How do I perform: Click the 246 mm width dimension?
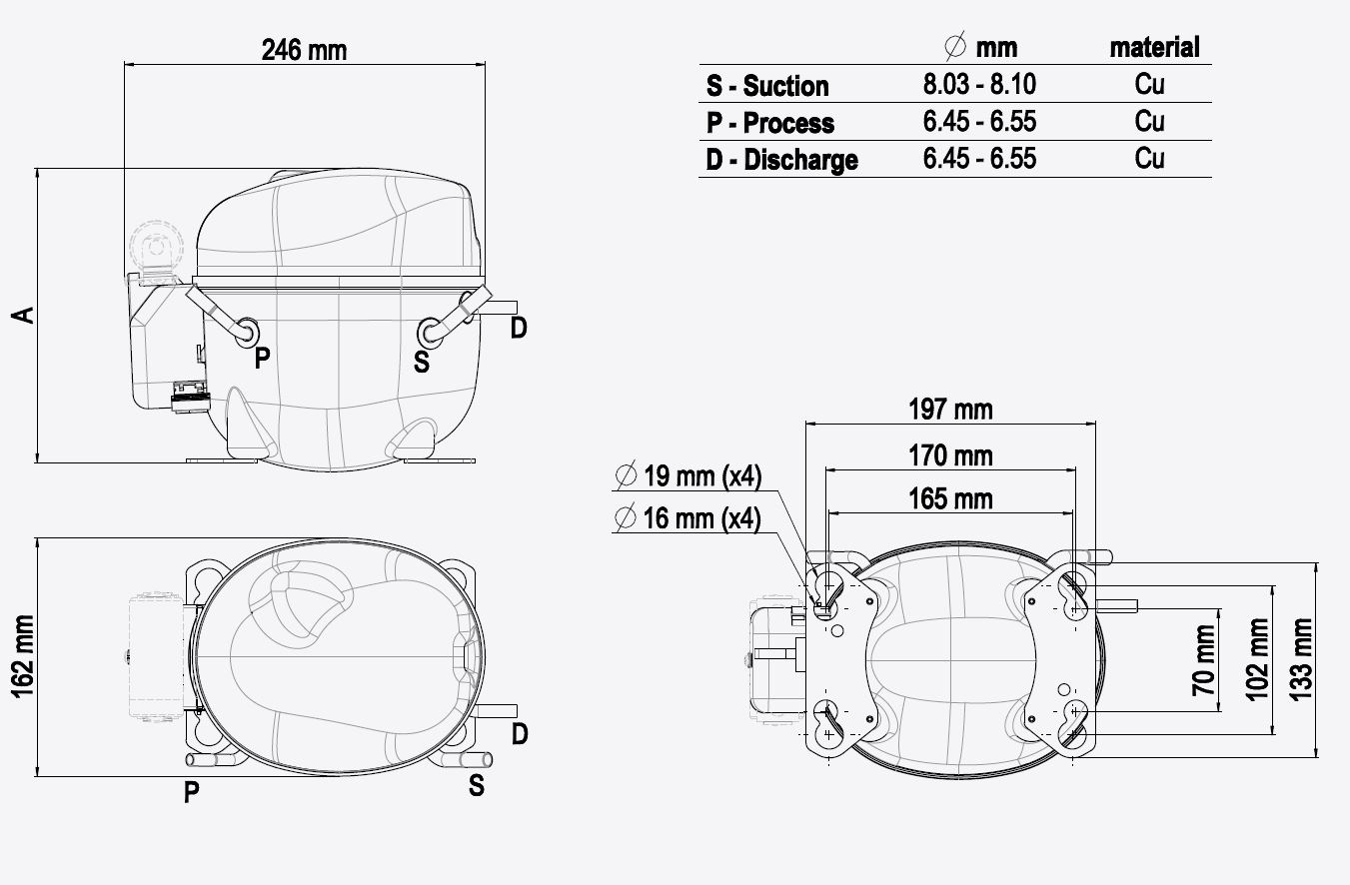305,50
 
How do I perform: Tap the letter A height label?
24,315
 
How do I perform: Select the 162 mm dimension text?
22,656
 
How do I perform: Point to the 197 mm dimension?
950,410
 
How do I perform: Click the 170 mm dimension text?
950,456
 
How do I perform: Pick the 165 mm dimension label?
950,499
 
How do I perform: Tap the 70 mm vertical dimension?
1203,660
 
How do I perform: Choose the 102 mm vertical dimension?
1257,659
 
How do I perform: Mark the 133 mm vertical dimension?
1301,659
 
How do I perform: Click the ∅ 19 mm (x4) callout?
688,475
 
